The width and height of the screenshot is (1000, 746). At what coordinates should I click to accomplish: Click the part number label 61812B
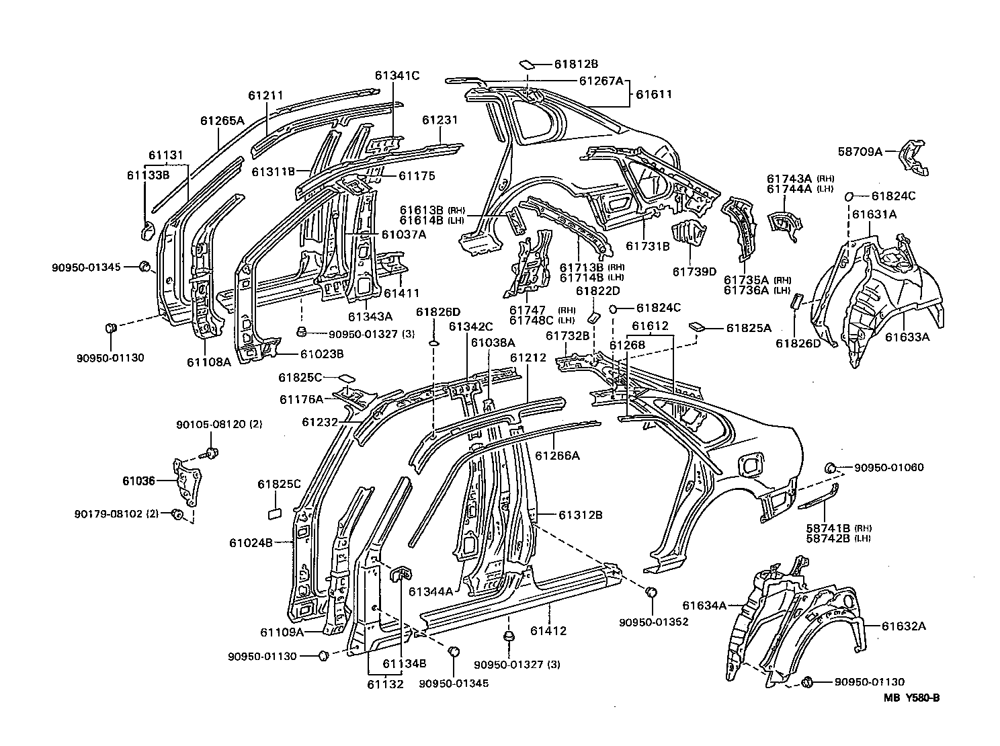[x=576, y=65]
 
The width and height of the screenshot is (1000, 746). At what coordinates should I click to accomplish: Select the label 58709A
[x=860, y=151]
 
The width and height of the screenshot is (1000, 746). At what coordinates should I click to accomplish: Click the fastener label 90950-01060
[x=888, y=467]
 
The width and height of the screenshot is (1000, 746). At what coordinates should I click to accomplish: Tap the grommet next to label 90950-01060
[x=830, y=468]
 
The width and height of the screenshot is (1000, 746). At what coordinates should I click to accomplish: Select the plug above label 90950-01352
[x=652, y=592]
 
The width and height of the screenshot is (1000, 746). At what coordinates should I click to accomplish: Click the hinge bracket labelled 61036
[x=186, y=483]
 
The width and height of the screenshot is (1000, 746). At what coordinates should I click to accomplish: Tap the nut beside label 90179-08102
[x=177, y=514]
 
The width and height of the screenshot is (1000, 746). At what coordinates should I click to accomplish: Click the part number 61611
[x=654, y=94]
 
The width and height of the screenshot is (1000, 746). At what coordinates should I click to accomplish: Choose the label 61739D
[x=694, y=272]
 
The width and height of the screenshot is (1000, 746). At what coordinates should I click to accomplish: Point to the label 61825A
[x=749, y=328]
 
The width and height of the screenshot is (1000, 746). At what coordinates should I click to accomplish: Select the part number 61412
[x=548, y=631]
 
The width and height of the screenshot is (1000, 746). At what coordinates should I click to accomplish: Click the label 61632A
[x=904, y=626]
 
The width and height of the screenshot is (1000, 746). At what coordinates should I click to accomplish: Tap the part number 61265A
[x=222, y=120]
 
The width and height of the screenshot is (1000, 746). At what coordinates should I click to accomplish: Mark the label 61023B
[x=322, y=354]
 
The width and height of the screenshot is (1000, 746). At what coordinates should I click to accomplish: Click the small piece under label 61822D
[x=593, y=317]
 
